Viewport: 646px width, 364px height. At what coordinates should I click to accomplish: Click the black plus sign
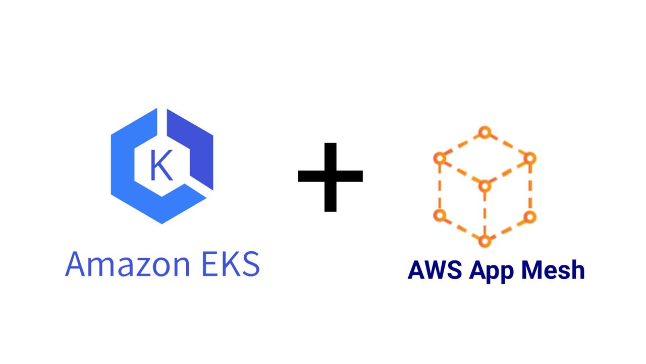tap(331, 176)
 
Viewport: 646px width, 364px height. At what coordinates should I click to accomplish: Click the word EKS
tap(231, 264)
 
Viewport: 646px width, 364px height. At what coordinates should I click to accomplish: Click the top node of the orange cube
tap(484, 133)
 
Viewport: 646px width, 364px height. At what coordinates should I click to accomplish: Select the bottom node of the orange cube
tap(484, 241)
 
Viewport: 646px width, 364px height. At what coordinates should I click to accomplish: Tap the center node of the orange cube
tap(484, 187)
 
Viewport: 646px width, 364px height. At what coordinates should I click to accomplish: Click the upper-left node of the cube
tap(440, 159)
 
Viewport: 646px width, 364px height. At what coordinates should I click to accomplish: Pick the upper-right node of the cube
tap(529, 159)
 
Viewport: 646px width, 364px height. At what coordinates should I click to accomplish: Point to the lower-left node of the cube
tap(440, 216)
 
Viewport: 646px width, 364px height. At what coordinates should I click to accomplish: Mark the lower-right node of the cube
tap(529, 217)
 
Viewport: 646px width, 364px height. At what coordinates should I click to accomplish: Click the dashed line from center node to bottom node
tap(484, 213)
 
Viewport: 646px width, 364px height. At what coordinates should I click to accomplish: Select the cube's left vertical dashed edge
tap(440, 187)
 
